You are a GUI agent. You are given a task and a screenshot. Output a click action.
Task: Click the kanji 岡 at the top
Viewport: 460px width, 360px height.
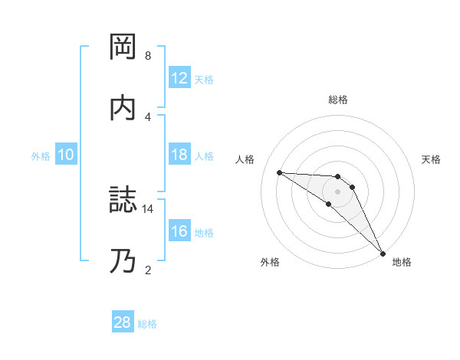coord(123,47)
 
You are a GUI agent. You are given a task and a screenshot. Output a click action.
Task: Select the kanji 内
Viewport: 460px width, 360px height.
coord(123,108)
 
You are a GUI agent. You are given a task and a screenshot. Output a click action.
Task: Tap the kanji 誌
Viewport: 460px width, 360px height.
coord(123,201)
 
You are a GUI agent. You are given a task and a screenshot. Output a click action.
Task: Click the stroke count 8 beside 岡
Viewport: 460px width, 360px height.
coord(148,56)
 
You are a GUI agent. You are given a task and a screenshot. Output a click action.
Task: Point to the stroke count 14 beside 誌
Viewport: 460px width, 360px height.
coord(148,208)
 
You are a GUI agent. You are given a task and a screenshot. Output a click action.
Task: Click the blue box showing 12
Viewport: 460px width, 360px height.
coord(179,78)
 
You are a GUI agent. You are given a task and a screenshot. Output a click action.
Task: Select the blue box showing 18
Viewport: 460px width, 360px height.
coord(179,155)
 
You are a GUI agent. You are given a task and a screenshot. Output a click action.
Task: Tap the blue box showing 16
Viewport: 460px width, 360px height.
coord(179,232)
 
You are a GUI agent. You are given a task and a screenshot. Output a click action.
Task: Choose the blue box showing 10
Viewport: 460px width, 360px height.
coord(66,155)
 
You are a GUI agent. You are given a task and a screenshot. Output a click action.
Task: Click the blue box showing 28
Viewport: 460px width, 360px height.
coord(123,322)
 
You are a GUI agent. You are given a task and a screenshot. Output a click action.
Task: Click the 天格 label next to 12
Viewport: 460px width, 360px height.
coord(204,79)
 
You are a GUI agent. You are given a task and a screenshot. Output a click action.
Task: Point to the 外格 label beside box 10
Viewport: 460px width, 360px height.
coord(41,155)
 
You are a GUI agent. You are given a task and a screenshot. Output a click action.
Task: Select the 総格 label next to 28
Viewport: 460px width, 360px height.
coord(147,323)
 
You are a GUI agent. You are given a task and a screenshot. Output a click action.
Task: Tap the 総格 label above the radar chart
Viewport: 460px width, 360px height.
coord(338,100)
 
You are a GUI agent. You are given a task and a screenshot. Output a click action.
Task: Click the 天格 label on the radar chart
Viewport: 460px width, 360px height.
coord(431,159)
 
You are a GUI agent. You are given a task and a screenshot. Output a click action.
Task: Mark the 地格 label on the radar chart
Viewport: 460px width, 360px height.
coord(402,262)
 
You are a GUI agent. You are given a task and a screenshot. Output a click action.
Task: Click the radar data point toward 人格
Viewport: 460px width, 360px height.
coord(279,172)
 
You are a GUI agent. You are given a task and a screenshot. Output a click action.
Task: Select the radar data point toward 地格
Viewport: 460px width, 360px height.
coord(382,253)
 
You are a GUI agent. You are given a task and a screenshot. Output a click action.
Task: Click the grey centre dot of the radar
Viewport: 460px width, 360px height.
coord(337,191)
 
